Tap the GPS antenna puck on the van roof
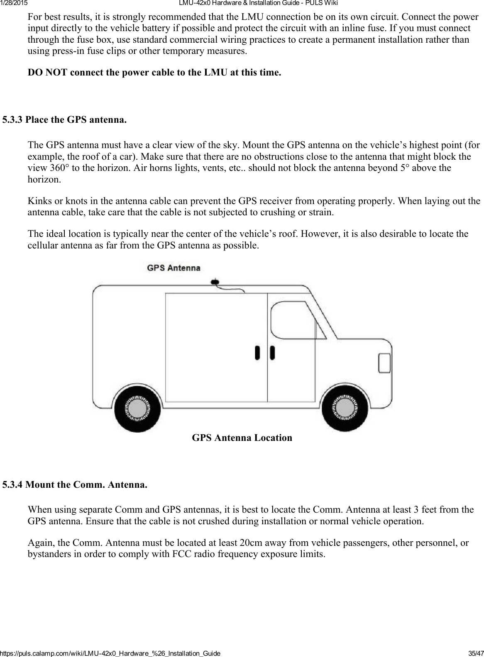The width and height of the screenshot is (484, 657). coord(215,282)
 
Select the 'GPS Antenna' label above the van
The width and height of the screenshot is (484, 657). coord(174,268)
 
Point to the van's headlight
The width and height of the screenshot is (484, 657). coord(384,363)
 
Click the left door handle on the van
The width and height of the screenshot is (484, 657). coord(258,353)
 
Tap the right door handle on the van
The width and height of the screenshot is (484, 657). coord(272,353)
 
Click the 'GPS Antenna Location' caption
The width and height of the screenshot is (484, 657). coord(242,438)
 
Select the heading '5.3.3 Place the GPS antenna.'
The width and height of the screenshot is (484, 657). coord(64,120)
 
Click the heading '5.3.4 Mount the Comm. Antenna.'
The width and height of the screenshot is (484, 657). coord(75,484)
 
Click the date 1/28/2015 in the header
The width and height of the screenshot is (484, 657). coord(13,3)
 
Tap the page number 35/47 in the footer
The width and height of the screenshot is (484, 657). coord(474,653)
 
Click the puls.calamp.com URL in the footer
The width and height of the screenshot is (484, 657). coord(110,653)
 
